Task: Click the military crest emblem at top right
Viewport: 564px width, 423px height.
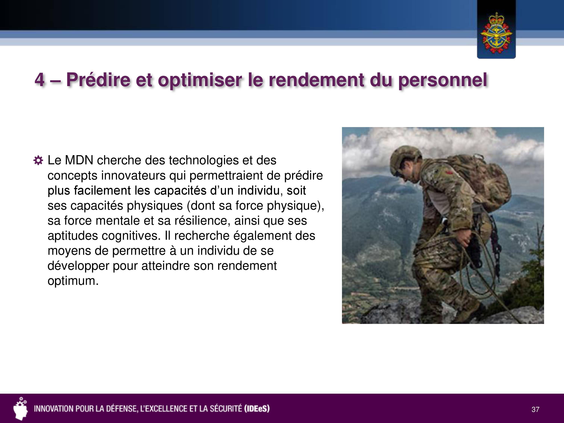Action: [x=496, y=33]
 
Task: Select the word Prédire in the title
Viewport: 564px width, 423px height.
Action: [x=99, y=79]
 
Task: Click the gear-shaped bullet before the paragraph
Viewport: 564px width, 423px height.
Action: [x=38, y=160]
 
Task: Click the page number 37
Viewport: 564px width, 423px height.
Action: [x=535, y=410]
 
